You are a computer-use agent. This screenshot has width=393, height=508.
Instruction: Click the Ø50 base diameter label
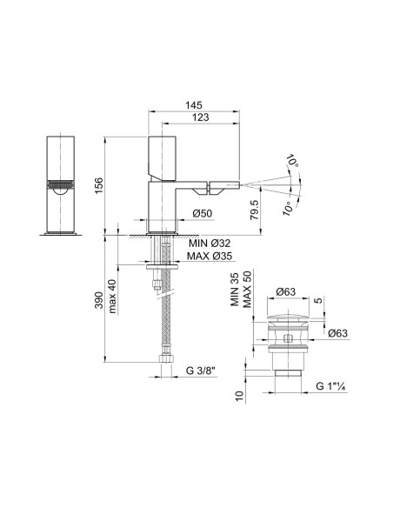coord(203,214)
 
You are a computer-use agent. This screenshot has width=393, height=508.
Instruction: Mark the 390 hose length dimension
coord(99,299)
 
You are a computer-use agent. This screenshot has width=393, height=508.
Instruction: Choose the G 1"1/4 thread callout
coord(335,384)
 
